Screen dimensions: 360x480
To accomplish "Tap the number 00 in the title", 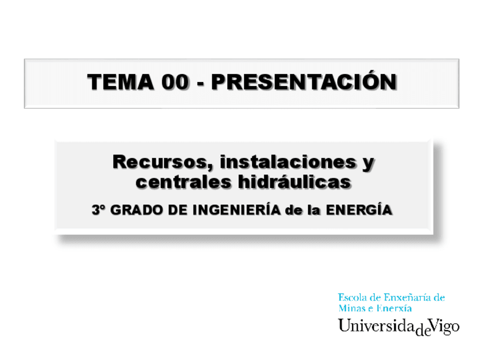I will point(174,83).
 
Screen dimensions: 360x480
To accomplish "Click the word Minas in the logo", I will point(352,308).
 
